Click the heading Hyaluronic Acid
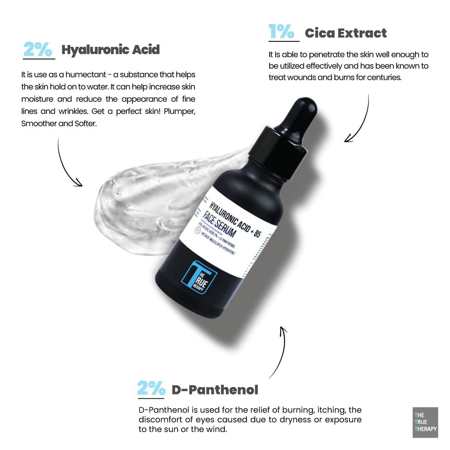[111, 50]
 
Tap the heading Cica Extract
[345, 33]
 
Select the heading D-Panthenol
[215, 390]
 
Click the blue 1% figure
[281, 31]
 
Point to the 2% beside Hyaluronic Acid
[37, 49]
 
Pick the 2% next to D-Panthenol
[151, 388]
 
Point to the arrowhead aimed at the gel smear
[78, 183]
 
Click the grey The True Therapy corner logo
[425, 422]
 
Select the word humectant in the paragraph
[85, 75]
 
